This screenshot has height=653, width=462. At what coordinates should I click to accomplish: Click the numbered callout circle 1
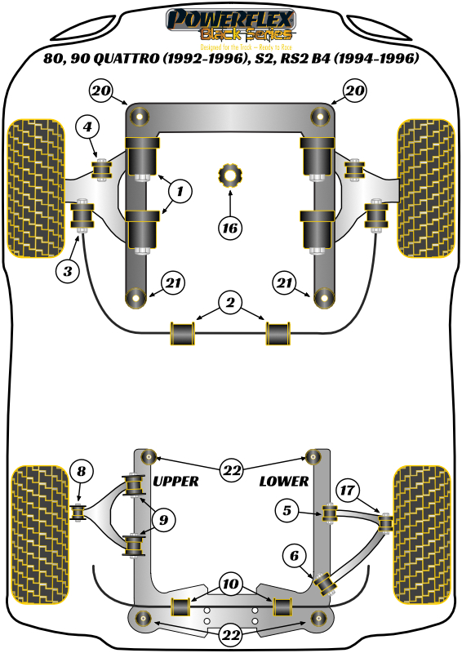click(x=180, y=193)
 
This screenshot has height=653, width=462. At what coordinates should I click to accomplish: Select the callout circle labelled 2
click(x=230, y=304)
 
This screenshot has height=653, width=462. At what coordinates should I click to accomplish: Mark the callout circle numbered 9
click(x=166, y=519)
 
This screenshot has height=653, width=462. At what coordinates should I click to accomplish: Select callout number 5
click(x=287, y=512)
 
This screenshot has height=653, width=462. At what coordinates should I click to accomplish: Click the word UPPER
click(x=175, y=482)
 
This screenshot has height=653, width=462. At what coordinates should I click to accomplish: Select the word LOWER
click(x=284, y=482)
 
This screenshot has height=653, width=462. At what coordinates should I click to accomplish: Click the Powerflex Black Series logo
click(x=231, y=24)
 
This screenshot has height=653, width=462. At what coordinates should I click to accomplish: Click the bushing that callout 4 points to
click(x=103, y=169)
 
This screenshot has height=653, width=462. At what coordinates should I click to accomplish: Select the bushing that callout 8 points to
click(x=80, y=512)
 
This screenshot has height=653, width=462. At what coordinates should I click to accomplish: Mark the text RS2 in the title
click(x=305, y=59)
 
